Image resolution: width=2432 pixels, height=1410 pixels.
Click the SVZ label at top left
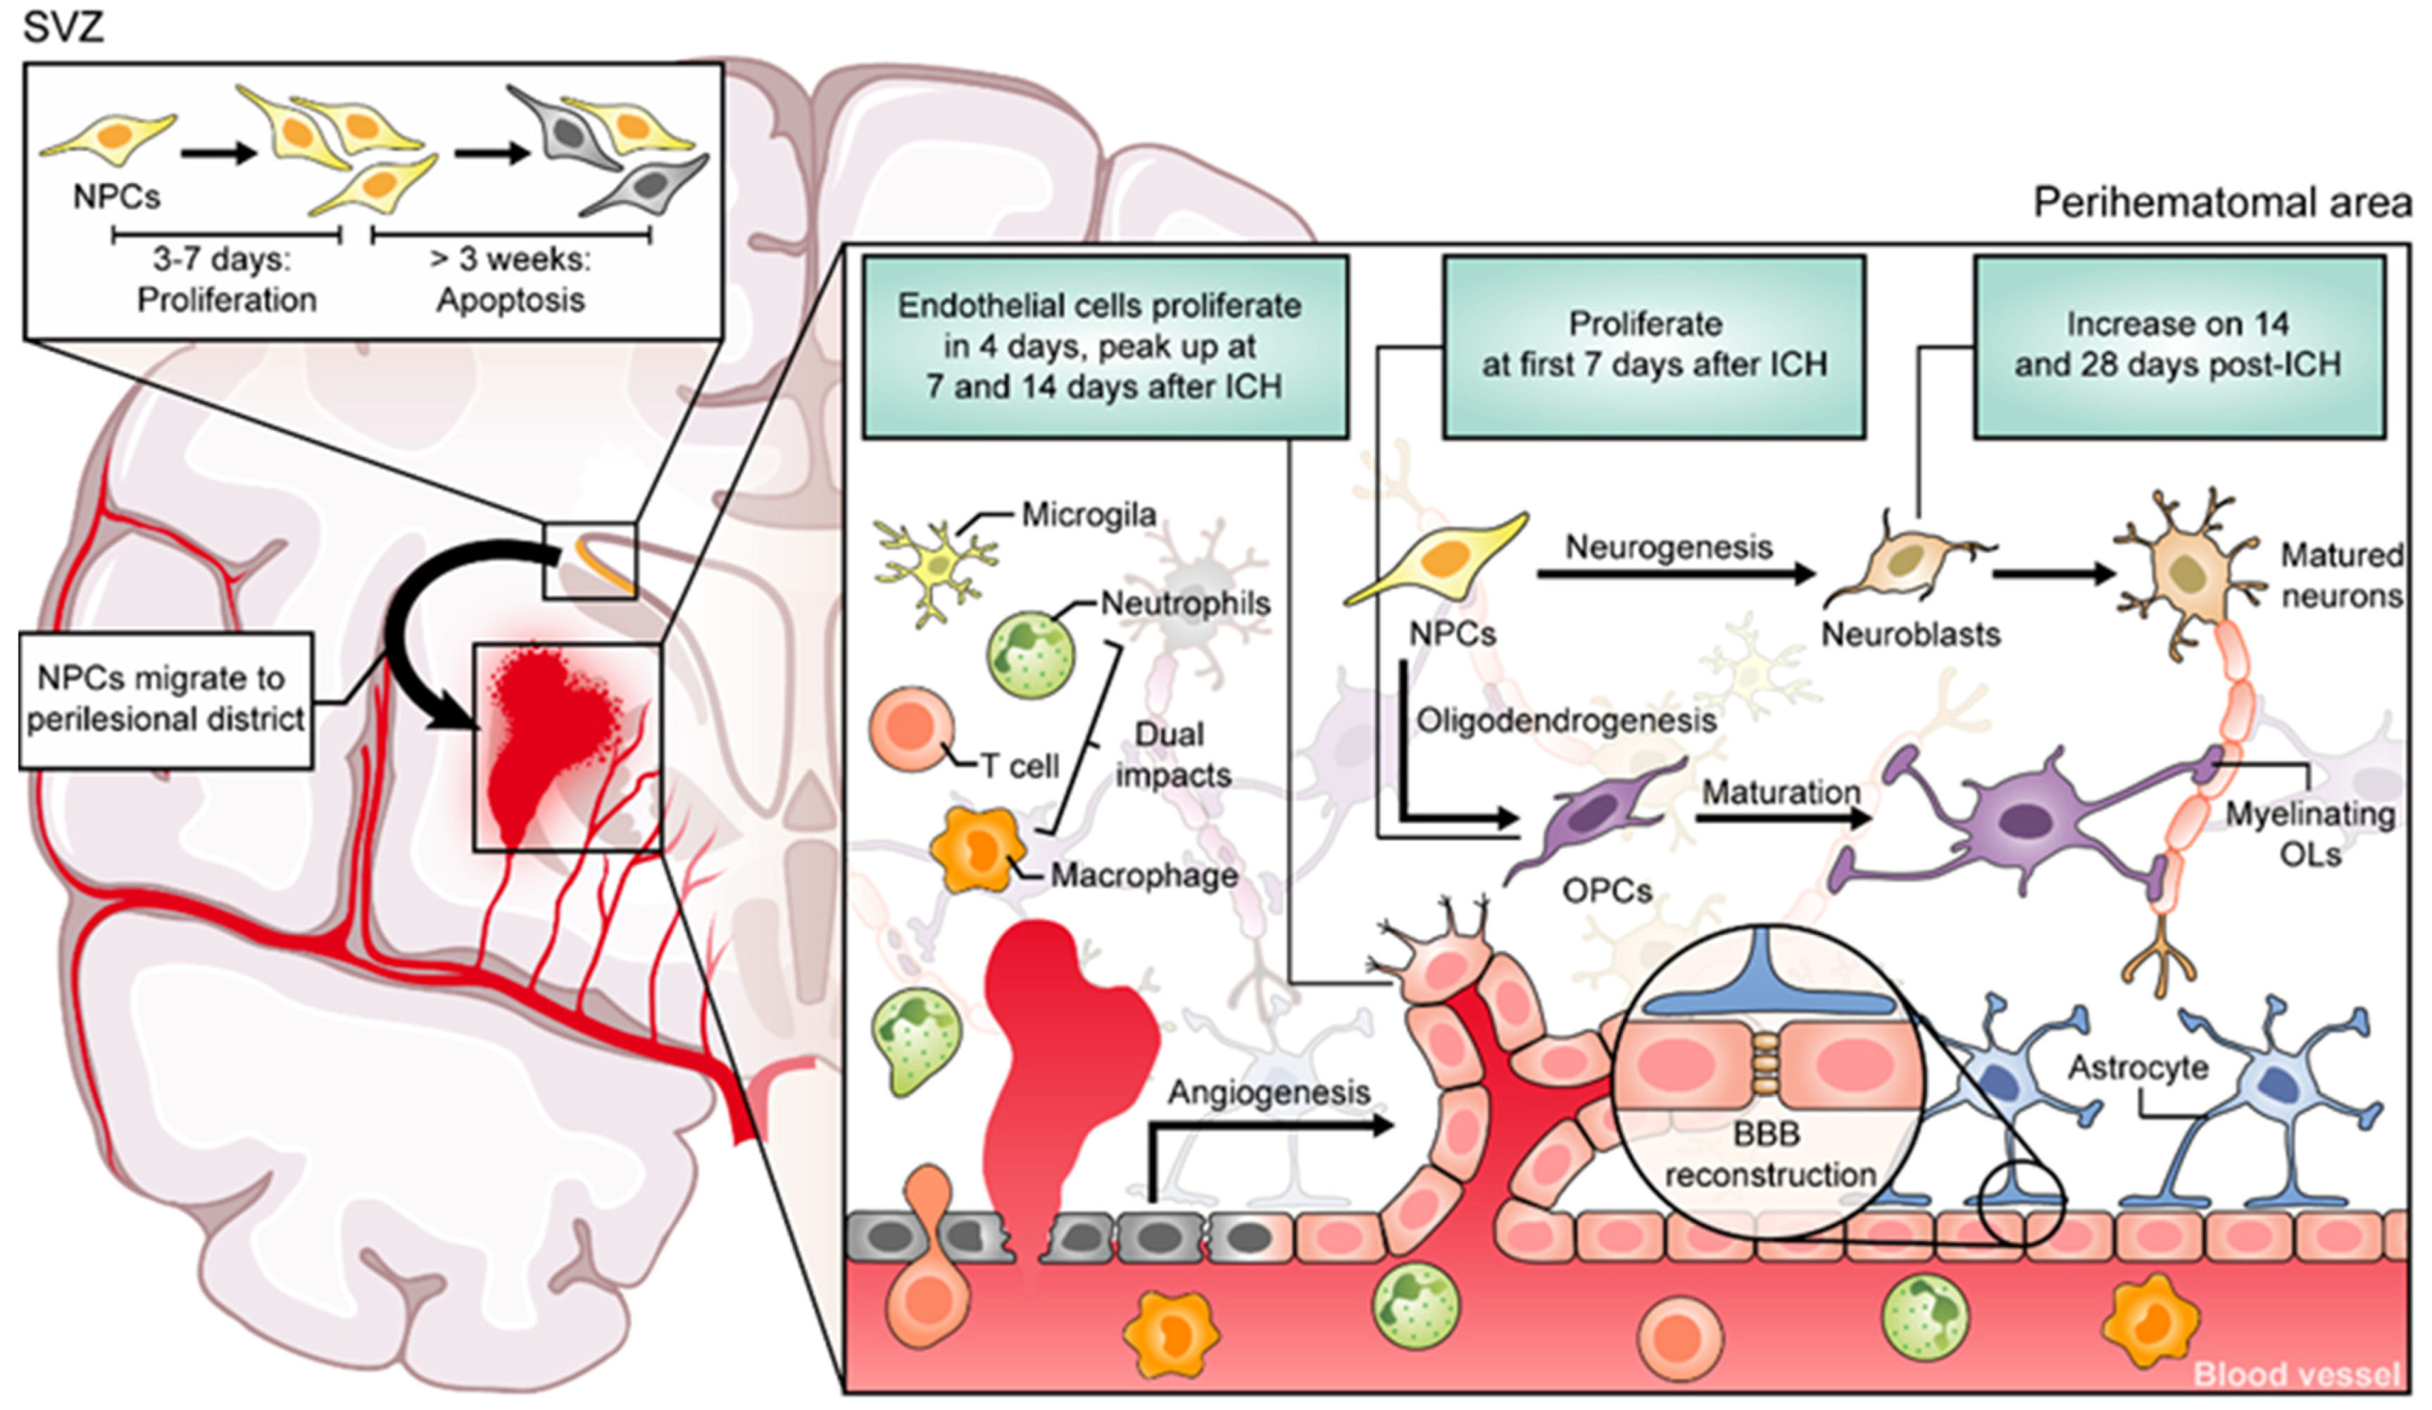[63, 27]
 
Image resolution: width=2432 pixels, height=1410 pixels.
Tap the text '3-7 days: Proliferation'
[226, 280]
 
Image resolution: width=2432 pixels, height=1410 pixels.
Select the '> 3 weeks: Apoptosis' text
[510, 280]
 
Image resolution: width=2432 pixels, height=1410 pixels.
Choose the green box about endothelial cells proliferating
[1104, 347]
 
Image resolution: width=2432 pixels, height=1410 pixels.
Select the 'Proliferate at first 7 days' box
[1653, 346]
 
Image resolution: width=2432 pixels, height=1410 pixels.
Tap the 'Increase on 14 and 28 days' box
[2179, 346]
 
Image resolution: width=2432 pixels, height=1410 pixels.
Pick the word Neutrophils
[1185, 604]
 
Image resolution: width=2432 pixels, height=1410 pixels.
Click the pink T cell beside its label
[911, 730]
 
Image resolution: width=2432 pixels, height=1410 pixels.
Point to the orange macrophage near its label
[977, 850]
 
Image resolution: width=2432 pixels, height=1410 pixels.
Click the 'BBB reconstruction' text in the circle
[1769, 1154]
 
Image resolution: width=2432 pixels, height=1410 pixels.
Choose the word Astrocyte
[2138, 1068]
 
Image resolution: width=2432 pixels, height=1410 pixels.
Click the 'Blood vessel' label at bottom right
[2295, 1373]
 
